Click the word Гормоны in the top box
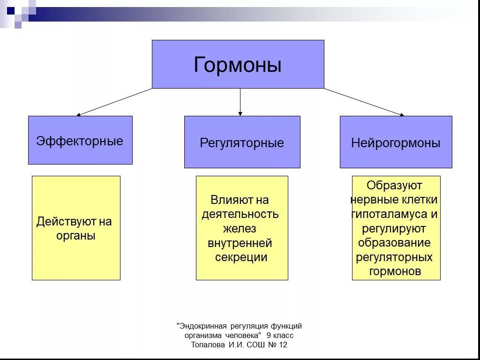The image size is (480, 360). pyautogui.click(x=238, y=65)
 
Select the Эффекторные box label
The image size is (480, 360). pyautogui.click(x=80, y=141)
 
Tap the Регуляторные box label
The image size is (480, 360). pyautogui.click(x=242, y=143)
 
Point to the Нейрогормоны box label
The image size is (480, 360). pyautogui.click(x=396, y=143)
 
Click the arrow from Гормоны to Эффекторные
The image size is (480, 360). pyautogui.click(x=114, y=102)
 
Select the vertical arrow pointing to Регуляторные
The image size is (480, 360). pyautogui.click(x=240, y=102)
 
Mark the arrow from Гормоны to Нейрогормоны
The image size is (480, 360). pyautogui.click(x=364, y=102)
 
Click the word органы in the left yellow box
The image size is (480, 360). pyautogui.click(x=76, y=235)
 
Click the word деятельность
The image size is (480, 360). pyautogui.click(x=240, y=215)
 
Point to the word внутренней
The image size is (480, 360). pyautogui.click(x=240, y=243)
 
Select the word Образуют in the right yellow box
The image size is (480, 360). pyautogui.click(x=394, y=186)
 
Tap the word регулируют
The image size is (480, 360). pyautogui.click(x=394, y=229)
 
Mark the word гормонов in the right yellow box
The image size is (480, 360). pyautogui.click(x=395, y=271)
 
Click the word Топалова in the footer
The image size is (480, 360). pyautogui.click(x=209, y=345)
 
